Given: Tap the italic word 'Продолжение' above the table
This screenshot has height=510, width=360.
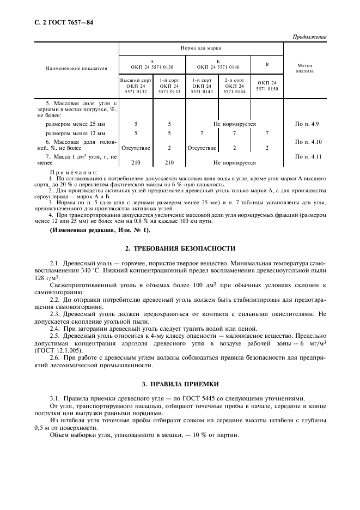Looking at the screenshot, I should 309,37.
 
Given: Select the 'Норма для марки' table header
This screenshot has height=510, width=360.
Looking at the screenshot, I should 201,48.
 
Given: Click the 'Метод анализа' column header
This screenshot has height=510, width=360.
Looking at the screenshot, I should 304,68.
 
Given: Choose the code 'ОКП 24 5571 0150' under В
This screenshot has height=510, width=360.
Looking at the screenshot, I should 267,86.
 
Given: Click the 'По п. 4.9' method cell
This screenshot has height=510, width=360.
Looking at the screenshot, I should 304,124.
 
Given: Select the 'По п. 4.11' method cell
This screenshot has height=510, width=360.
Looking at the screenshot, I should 304,157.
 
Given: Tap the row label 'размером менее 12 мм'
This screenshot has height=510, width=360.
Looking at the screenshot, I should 76,133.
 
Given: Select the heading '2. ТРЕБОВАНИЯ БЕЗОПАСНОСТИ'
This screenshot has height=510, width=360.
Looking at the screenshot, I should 180,249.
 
